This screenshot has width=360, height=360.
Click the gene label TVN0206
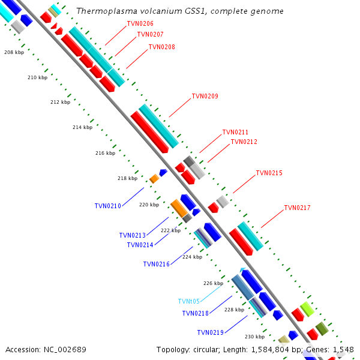(x=140, y=23)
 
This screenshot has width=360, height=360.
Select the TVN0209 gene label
(x=205, y=96)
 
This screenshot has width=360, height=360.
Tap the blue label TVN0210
(x=107, y=206)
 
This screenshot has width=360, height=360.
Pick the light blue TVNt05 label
(x=189, y=301)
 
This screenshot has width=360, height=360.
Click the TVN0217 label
(x=297, y=208)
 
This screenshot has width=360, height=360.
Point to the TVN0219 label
(x=211, y=332)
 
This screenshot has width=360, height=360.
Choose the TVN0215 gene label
(x=269, y=173)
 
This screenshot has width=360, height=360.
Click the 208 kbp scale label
(x=14, y=52)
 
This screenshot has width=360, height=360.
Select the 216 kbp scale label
(x=105, y=153)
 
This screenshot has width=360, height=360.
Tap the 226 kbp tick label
(x=213, y=283)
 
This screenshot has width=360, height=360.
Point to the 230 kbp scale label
(x=254, y=337)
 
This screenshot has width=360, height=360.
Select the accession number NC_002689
(x=65, y=350)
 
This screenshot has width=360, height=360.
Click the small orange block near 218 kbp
(x=154, y=179)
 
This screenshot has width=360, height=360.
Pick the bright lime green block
(x=307, y=309)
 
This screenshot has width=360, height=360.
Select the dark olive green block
(x=322, y=329)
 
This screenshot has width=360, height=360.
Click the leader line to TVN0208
(x=137, y=59)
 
